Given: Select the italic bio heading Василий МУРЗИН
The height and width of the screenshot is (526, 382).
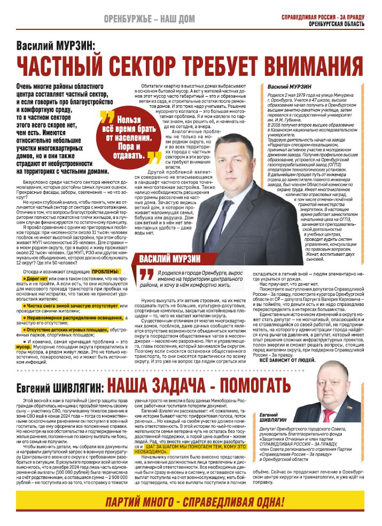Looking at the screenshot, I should click(x=291, y=85).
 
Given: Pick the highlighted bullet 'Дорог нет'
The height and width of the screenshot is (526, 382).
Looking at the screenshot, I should click(x=38, y=279).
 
